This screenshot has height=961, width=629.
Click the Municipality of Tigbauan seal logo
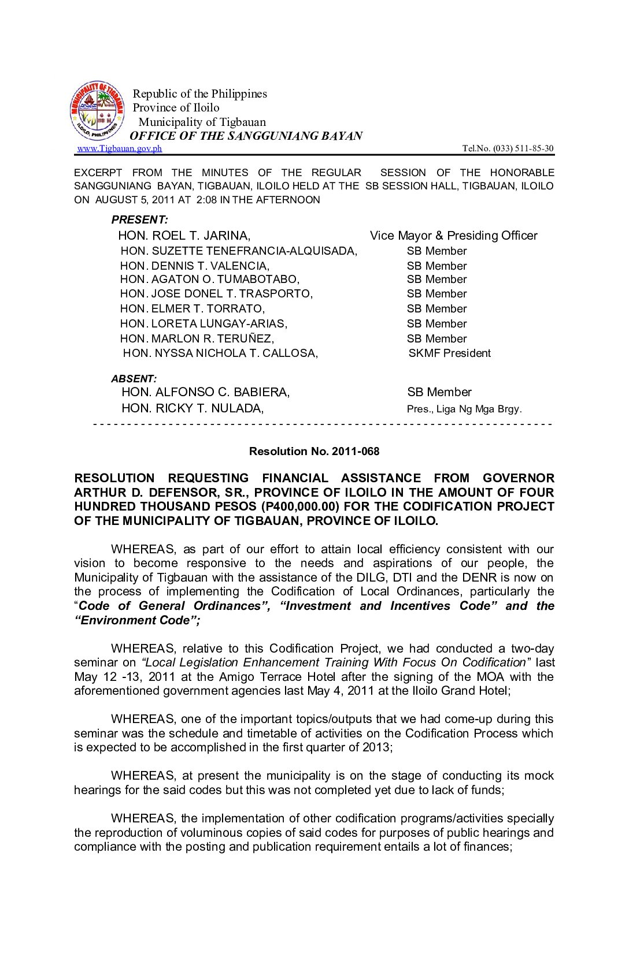pyautogui.click(x=97, y=110)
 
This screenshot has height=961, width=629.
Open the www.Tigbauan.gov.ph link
pyautogui.click(x=120, y=148)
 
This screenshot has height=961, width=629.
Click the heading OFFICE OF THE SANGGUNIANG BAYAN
pyautogui.click(x=246, y=136)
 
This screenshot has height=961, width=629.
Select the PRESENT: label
pyautogui.click(x=139, y=219)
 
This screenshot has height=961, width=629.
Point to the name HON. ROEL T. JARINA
pyautogui.click(x=184, y=236)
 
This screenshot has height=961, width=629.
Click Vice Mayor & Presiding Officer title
pyautogui.click(x=453, y=236)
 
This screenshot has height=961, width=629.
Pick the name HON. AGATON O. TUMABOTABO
pyautogui.click(x=209, y=280)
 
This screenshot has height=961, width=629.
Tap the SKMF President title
pyautogui.click(x=449, y=353)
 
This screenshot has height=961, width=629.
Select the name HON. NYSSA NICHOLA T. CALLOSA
pyautogui.click(x=220, y=353)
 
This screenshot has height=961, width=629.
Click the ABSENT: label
pyautogui.click(x=134, y=379)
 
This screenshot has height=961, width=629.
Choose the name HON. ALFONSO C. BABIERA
pyautogui.click(x=205, y=393)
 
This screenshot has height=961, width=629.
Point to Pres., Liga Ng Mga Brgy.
pyautogui.click(x=464, y=409)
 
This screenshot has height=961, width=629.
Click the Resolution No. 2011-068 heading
pyautogui.click(x=314, y=452)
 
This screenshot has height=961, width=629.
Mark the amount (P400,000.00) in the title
pyautogui.click(x=300, y=506)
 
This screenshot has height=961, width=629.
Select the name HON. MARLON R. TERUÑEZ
pyautogui.click(x=197, y=339)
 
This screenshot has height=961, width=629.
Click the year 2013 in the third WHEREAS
pyautogui.click(x=378, y=747)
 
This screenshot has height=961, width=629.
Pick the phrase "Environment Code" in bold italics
pyautogui.click(x=136, y=620)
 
